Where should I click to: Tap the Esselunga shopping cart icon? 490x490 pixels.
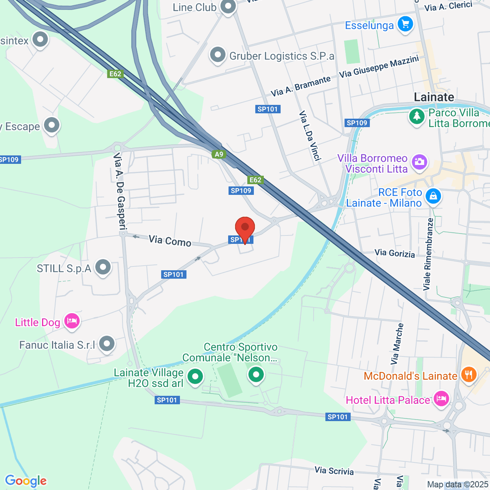tap(405, 24)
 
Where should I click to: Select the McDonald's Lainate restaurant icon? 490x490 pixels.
tap(468, 374)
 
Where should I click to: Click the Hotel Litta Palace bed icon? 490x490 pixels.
tap(441, 399)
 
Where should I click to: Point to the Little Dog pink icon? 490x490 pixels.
tap(71, 321)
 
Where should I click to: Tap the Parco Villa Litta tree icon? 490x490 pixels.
tap(417, 116)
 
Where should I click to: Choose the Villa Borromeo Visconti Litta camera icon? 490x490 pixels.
tap(419, 162)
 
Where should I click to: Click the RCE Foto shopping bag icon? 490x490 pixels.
tap(433, 196)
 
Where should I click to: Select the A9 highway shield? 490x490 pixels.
tap(219, 154)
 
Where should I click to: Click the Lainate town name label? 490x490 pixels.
tap(434, 97)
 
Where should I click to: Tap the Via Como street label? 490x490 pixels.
tap(170, 241)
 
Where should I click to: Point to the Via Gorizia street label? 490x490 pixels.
tap(394, 253)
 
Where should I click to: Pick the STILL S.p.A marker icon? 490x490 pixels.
tap(103, 267)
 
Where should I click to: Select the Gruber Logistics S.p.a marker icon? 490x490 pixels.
tap(218, 55)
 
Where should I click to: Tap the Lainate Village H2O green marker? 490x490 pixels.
tap(195, 376)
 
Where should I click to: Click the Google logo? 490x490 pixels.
tap(26, 481)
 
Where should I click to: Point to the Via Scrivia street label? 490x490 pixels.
tap(334, 471)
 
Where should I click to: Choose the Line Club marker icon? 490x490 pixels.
tap(228, 7)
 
